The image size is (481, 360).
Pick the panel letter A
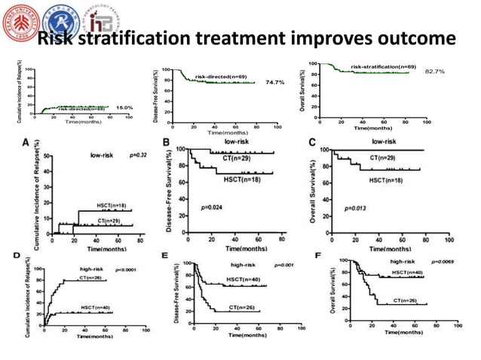click(x=26, y=142)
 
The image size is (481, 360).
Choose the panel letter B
click(x=167, y=142)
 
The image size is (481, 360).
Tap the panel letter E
click(x=165, y=257)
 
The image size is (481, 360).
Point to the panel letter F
click(x=317, y=256)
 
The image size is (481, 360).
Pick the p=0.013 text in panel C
click(x=357, y=208)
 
